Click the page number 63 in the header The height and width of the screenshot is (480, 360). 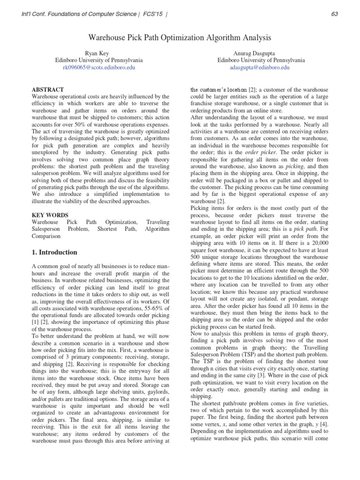point(334,14)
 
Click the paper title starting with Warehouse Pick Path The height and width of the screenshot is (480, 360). point(180,37)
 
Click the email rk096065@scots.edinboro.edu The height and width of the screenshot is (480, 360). point(99,67)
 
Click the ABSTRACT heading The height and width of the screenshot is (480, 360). point(47,90)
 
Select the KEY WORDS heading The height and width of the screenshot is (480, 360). point(49,215)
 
